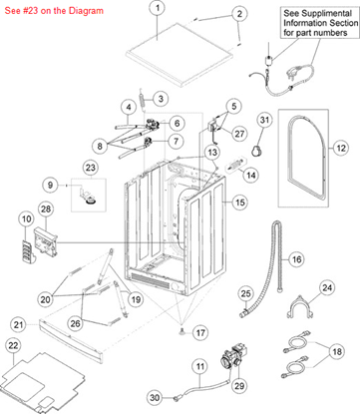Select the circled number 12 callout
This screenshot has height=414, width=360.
tap(341, 149)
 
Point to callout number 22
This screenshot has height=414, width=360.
tap(12, 345)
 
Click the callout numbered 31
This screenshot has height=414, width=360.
tap(262, 121)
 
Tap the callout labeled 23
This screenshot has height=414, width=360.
tap(90, 167)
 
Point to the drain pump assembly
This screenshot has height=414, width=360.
tap(238, 357)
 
